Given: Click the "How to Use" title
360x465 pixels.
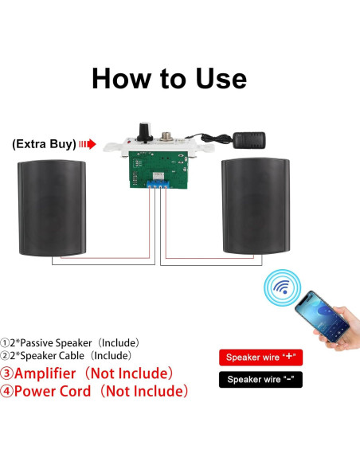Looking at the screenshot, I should [x=169, y=79].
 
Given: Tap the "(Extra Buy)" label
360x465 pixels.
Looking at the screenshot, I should [x=45, y=144].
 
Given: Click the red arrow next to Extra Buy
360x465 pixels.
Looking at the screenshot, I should [x=88, y=144].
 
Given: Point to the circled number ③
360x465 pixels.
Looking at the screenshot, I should [x=6, y=373].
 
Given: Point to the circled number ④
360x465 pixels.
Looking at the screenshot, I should [x=6, y=391].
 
